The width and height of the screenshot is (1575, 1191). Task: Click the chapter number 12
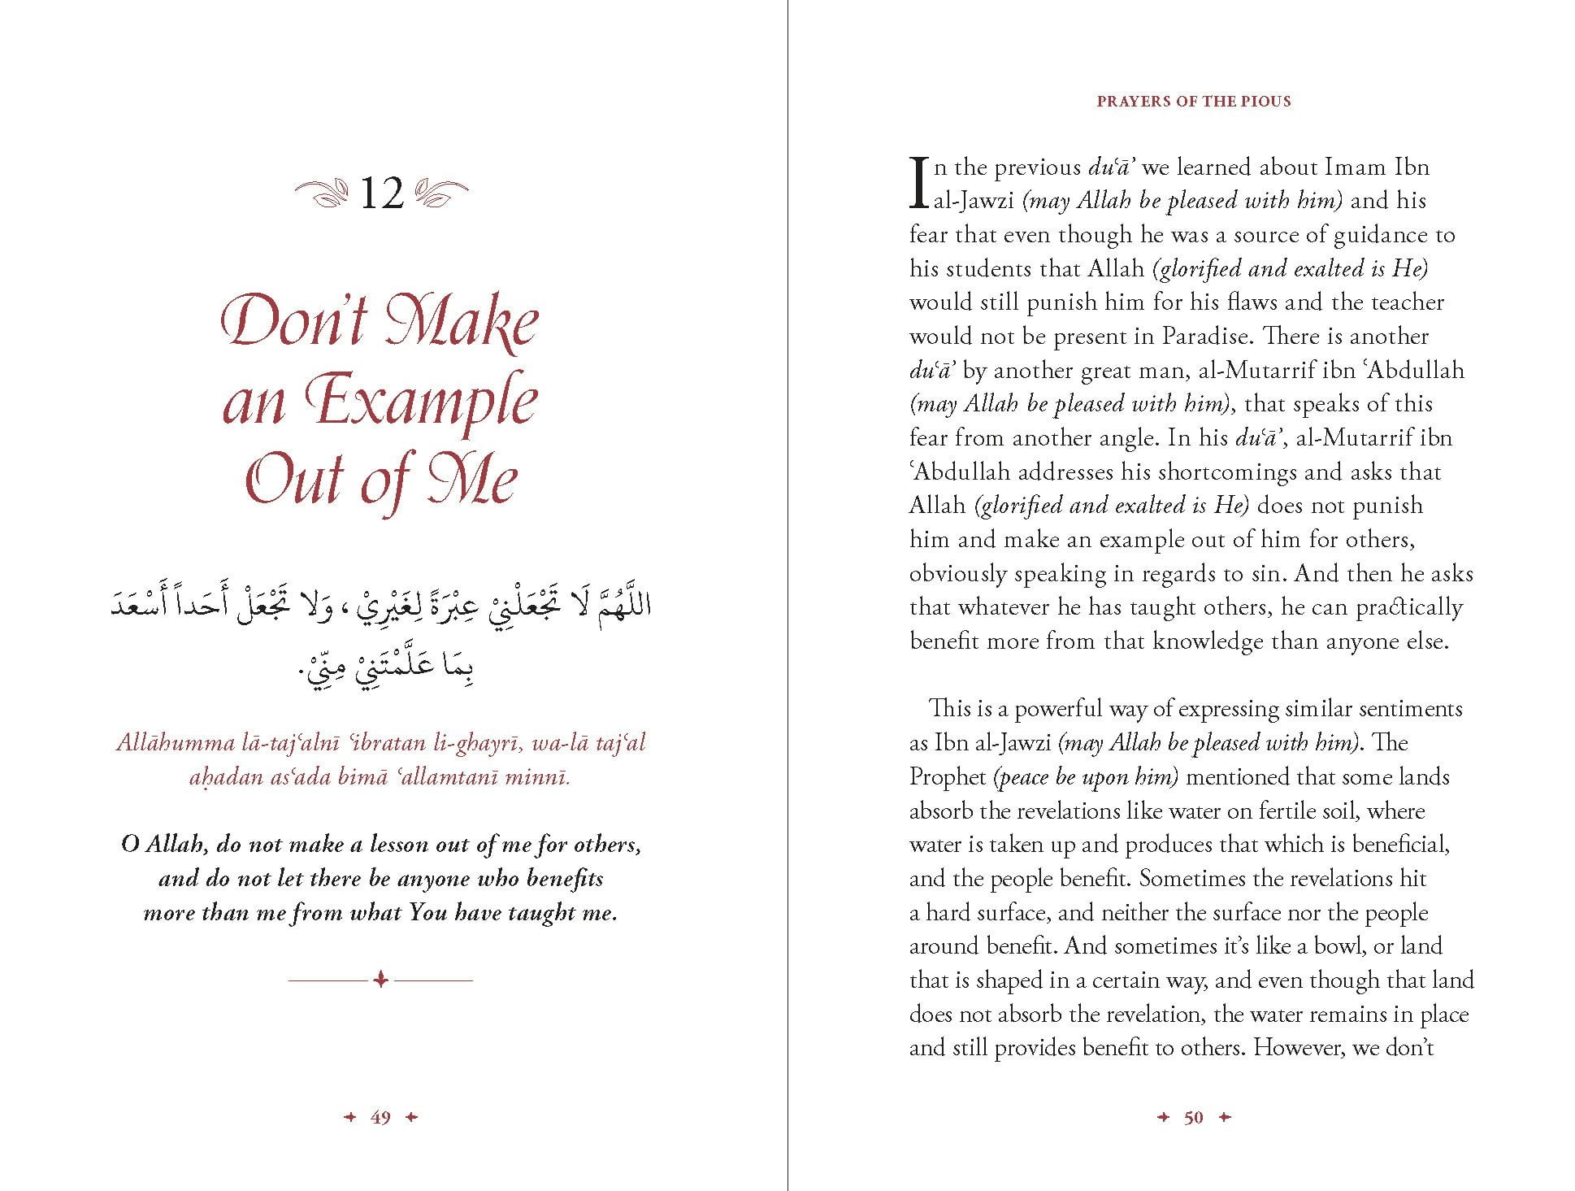380,194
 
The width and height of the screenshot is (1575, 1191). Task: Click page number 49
380,1118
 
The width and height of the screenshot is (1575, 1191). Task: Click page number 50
1193,1118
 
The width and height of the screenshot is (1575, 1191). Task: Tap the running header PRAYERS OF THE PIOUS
1193,102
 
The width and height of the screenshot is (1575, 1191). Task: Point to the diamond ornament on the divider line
380,980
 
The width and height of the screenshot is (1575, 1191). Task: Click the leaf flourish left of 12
322,194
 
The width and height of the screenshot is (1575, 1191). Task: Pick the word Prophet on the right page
947,777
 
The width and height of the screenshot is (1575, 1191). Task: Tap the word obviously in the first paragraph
957,574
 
